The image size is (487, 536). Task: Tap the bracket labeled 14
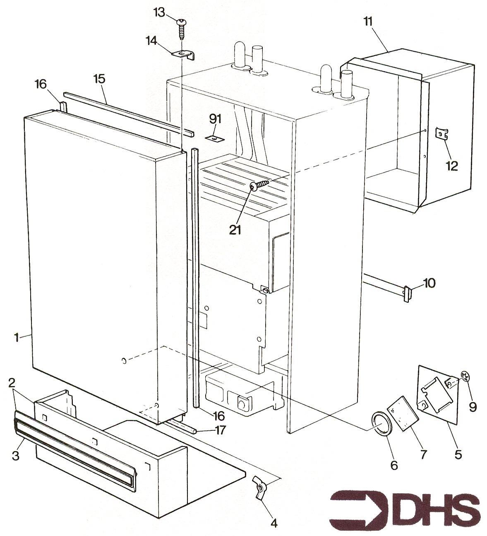183,55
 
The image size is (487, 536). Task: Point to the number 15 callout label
100,78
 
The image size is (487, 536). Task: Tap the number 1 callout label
17,338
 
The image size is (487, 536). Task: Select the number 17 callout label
220,430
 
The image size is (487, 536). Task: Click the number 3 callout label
15,456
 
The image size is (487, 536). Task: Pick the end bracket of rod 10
407,294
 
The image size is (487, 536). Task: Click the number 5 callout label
458,454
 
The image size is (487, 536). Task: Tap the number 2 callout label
12,382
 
